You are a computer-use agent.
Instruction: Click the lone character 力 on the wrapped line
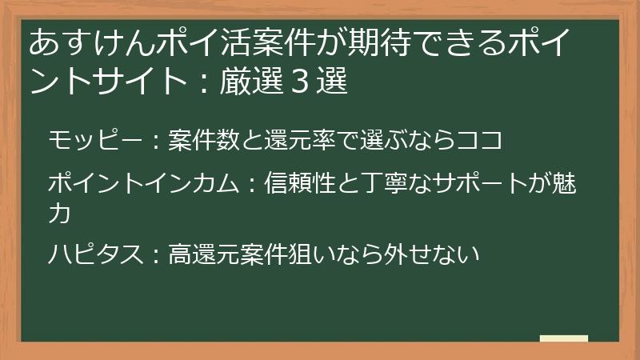pos(59,214)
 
